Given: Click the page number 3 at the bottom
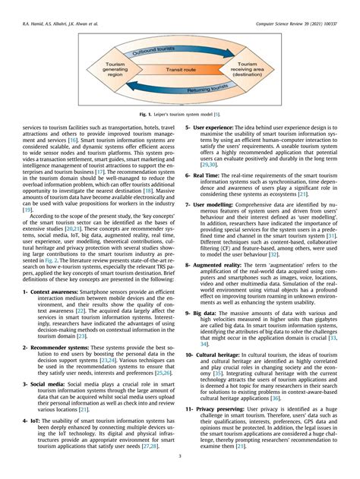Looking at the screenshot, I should (179, 456).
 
